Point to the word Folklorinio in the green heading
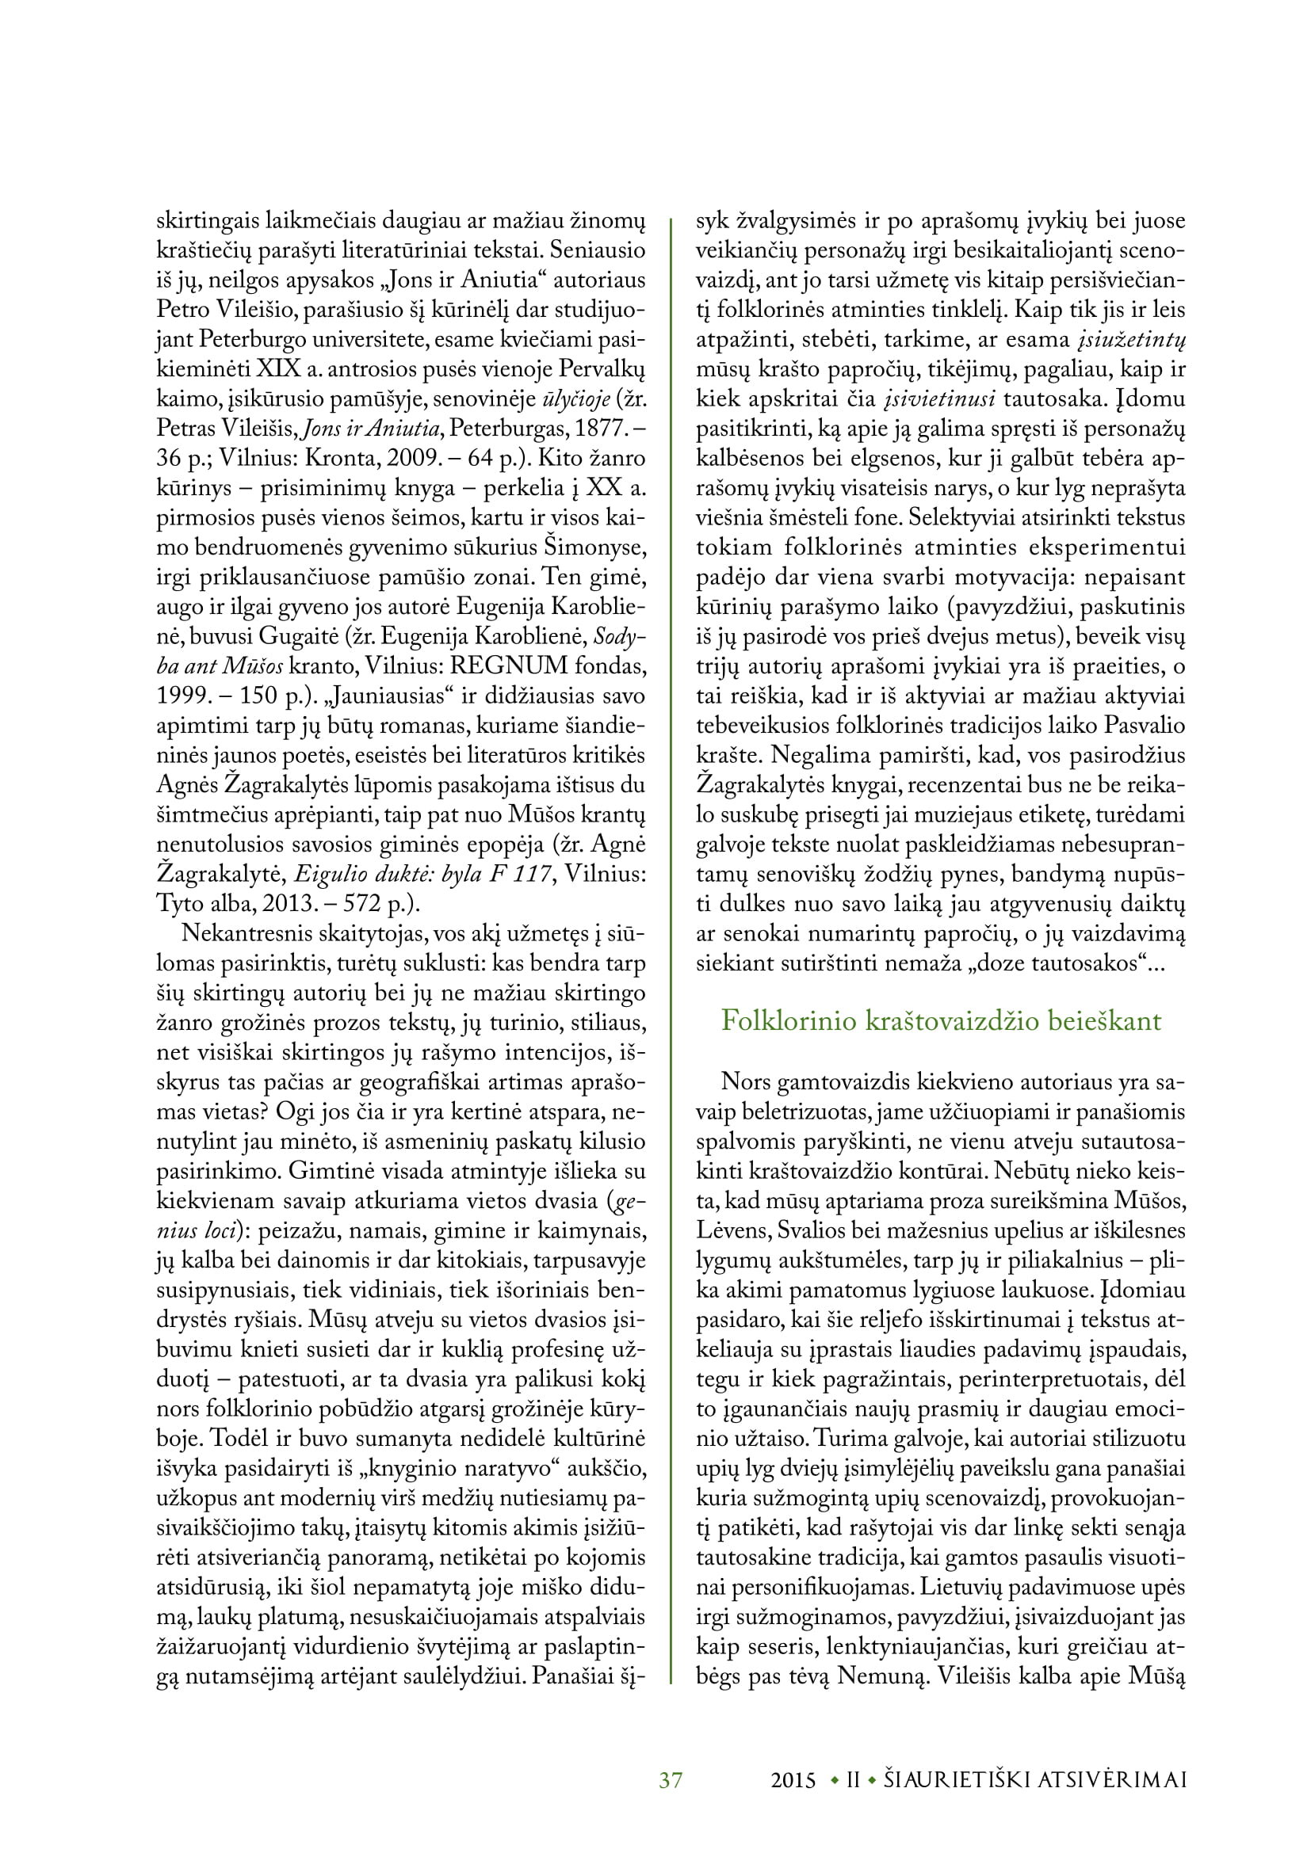pos(789,1020)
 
